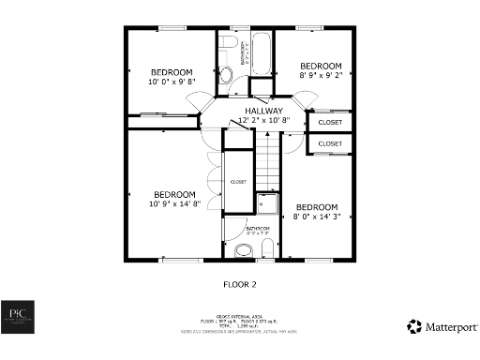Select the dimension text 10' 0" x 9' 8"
[x=172, y=82]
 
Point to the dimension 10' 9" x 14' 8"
[x=173, y=203]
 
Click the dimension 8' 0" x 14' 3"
[x=317, y=217]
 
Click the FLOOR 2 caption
[x=239, y=283]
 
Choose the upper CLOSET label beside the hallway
[x=330, y=123]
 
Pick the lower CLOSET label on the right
[x=330, y=143]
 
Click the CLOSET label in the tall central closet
[x=238, y=182]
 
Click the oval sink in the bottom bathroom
[x=245, y=249]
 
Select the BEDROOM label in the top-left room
[x=172, y=72]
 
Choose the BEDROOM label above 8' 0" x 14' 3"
[x=317, y=207]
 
